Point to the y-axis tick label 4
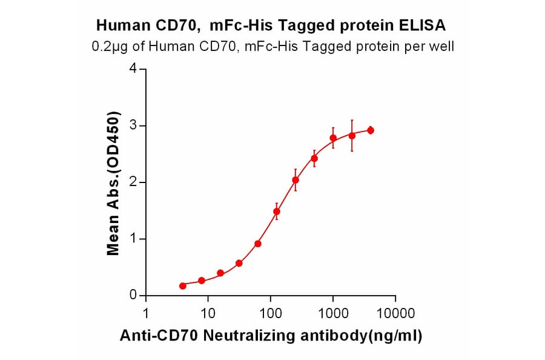click(x=134, y=68)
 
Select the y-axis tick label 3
click(x=134, y=125)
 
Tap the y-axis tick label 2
click(x=134, y=182)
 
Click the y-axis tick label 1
click(x=134, y=239)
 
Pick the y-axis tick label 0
click(x=134, y=295)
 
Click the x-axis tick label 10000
click(x=395, y=313)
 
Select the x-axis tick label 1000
click(x=332, y=313)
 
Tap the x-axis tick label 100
click(x=270, y=313)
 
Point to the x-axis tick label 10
click(x=208, y=313)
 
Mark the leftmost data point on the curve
click(x=183, y=285)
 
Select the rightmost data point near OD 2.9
click(x=371, y=130)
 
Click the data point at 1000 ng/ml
click(x=333, y=138)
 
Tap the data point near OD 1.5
click(x=277, y=212)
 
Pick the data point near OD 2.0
click(x=296, y=180)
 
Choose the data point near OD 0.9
click(x=258, y=244)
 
